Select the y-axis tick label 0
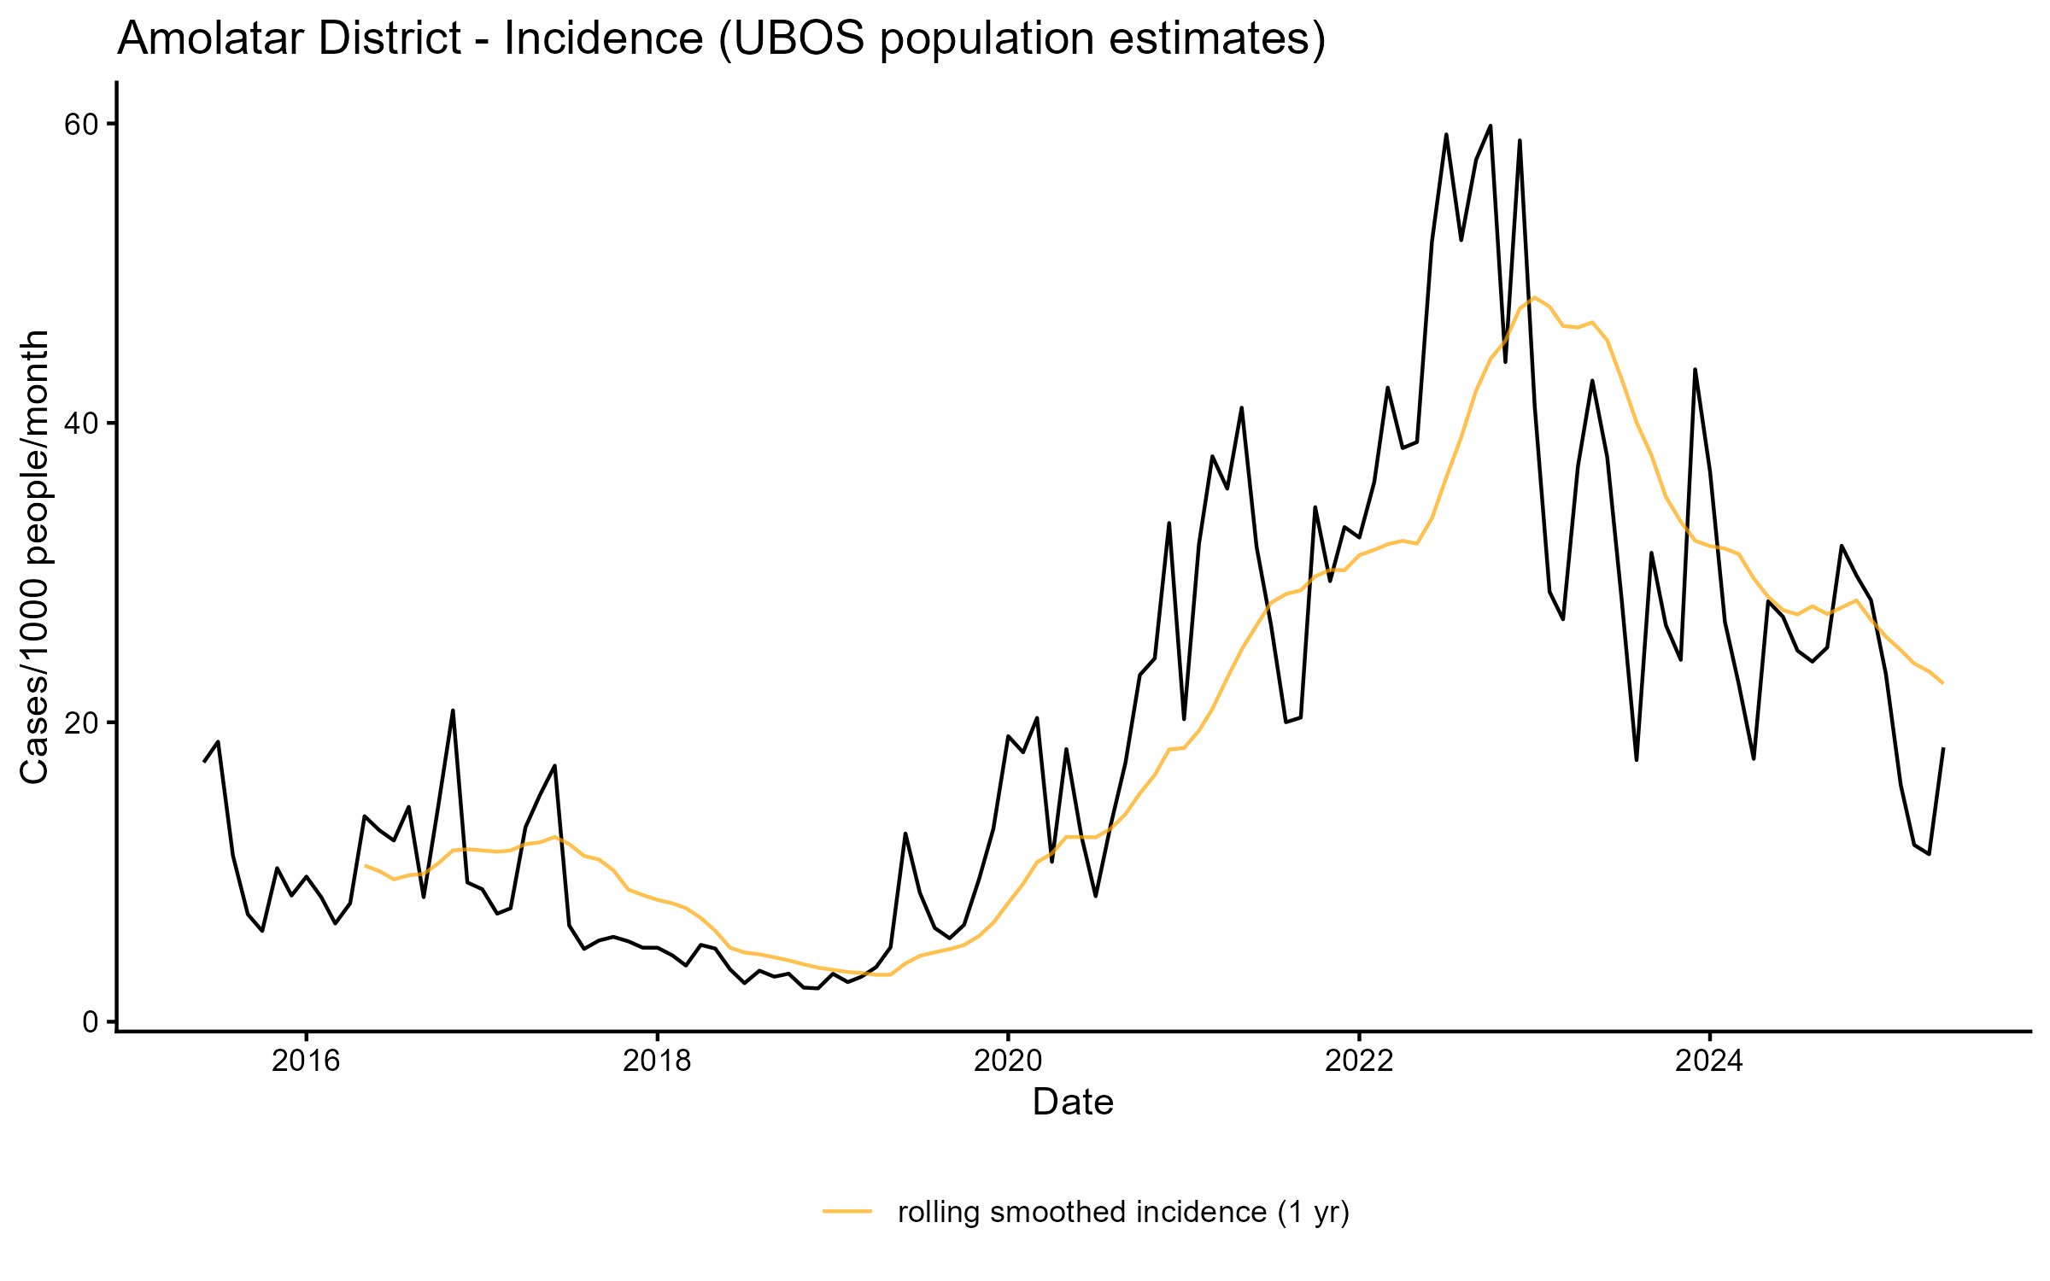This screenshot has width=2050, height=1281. click(90, 1022)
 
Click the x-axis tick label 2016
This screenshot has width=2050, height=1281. click(306, 1061)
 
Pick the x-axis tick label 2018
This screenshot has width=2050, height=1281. click(657, 1061)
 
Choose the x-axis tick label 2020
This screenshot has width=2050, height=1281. click(1008, 1061)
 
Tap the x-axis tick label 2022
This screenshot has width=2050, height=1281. click(1359, 1061)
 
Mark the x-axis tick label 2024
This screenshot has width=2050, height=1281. click(1710, 1061)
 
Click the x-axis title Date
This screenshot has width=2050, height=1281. click(1073, 1103)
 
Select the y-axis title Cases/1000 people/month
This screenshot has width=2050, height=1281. click(36, 557)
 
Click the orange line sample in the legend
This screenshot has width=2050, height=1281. click(847, 1211)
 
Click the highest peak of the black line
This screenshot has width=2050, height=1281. click(1491, 126)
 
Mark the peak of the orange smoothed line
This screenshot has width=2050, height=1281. click(1535, 297)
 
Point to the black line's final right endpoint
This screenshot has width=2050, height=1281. click(1943, 748)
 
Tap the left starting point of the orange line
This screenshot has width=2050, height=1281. click(366, 865)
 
